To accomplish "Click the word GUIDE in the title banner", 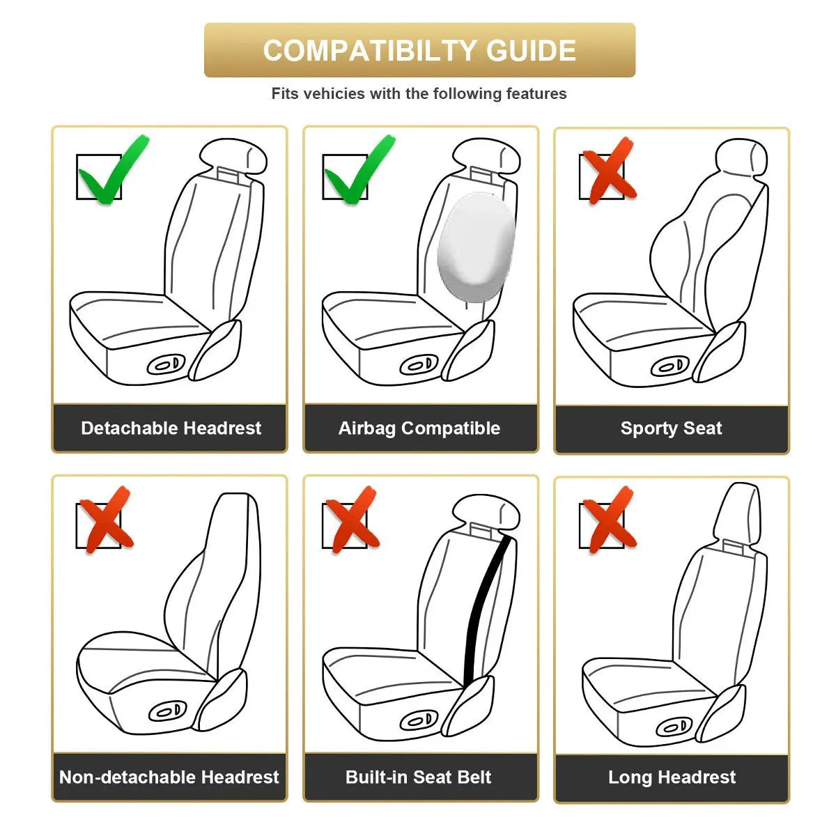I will tap(531, 51).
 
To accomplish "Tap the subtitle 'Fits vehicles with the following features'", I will tap(419, 93).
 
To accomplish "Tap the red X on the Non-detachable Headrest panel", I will tap(104, 519).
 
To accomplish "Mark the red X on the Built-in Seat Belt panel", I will tap(352, 519).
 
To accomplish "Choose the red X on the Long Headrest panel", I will tap(607, 519).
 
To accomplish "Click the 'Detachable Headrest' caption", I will tap(171, 428).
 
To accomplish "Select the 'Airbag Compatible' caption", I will tap(419, 428).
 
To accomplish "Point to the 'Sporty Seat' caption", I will tap(671, 428).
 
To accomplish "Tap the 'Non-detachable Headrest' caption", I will tap(169, 777).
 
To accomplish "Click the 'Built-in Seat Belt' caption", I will tap(419, 777).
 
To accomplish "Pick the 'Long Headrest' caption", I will tap(672, 777).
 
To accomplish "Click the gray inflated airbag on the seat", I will tap(475, 247).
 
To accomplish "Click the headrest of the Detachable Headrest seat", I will tap(233, 157).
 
